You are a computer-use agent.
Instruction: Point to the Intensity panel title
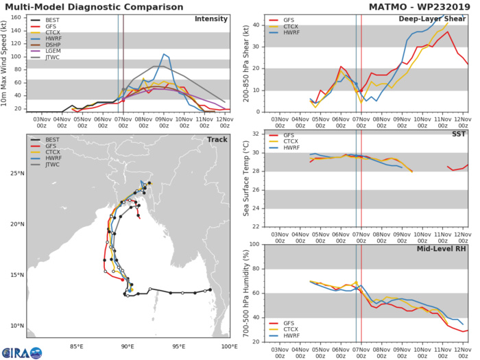point(212,19)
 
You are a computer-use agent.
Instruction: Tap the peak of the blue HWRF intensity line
point(164,53)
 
